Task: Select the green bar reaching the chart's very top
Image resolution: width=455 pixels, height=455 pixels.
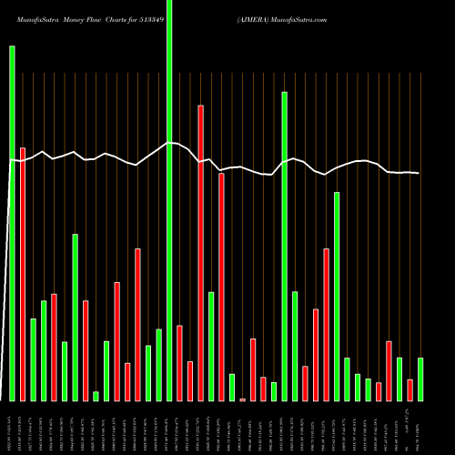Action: click(x=169, y=200)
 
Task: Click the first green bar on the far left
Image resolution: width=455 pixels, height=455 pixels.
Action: click(x=13, y=223)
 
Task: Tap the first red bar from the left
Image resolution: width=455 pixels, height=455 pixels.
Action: click(x=23, y=274)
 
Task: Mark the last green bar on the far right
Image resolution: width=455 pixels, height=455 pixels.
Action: click(x=420, y=379)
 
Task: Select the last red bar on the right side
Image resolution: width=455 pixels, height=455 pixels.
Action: click(x=409, y=390)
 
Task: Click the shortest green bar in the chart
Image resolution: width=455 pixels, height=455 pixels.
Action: click(x=96, y=396)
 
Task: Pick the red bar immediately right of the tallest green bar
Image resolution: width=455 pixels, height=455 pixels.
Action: click(x=179, y=363)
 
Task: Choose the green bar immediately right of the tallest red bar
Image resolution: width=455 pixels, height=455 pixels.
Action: click(x=211, y=347)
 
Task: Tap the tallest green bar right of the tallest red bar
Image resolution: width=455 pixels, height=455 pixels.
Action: click(x=284, y=246)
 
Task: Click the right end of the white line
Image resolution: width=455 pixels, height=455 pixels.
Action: click(x=420, y=173)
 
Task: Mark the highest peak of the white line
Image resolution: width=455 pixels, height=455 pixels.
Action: click(x=169, y=143)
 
